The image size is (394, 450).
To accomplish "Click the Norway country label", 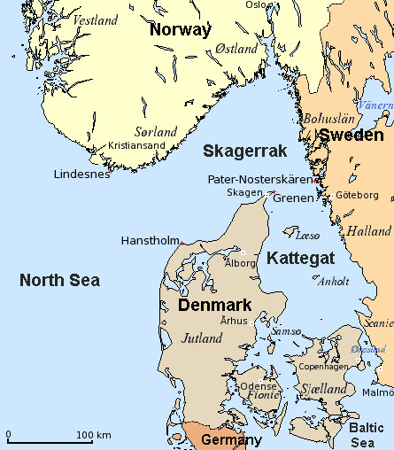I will [181, 29].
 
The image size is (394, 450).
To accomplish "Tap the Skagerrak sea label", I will [238, 150].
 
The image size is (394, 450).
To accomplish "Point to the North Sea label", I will [59, 281].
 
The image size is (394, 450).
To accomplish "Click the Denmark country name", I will [215, 305].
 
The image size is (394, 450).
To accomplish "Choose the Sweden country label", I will [352, 136].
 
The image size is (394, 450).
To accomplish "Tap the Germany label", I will [232, 440].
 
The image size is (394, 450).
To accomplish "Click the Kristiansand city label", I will [138, 145].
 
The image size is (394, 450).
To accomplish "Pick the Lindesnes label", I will [82, 174].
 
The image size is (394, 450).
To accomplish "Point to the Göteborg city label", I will [358, 195].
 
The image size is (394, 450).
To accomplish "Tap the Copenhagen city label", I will [323, 366].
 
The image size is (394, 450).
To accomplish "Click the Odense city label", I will [259, 385].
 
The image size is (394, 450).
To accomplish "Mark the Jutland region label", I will [202, 337].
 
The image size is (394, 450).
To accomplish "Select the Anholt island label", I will [333, 282].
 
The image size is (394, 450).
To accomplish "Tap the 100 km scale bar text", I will [93, 435].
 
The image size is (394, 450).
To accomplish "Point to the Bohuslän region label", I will [329, 118].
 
